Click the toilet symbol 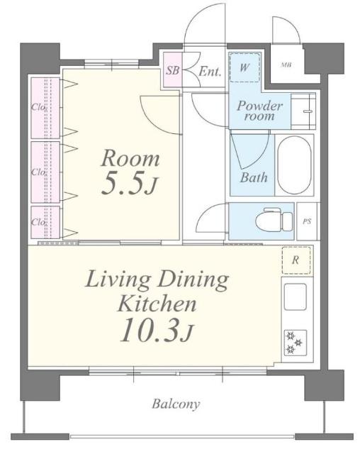tap(274, 219)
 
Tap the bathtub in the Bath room tap(294, 165)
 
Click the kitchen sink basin tap(295, 297)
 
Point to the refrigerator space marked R tap(296, 260)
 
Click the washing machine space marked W tap(244, 67)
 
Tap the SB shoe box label tap(173, 70)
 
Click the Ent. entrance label tap(210, 71)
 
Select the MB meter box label tap(286, 65)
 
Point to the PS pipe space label tap(307, 221)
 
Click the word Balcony tap(176, 404)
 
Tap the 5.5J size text tap(130, 184)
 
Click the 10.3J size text tap(157, 331)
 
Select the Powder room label tap(259, 111)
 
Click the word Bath tap(254, 177)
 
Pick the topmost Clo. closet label tap(38, 107)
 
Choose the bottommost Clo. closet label tap(38, 222)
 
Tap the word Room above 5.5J tap(130, 158)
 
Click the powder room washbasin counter tap(303, 111)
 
